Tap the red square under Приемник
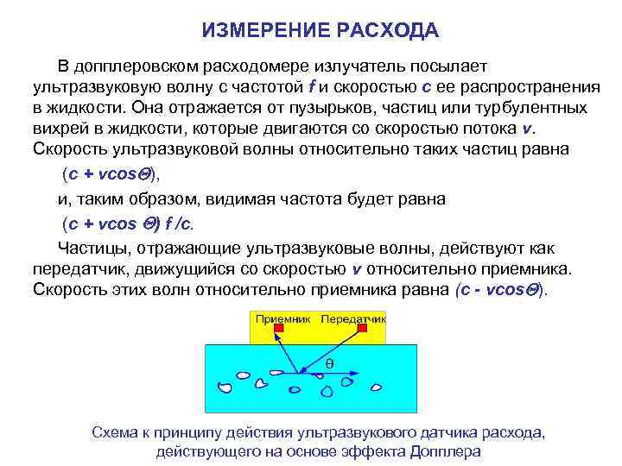tap(278, 329)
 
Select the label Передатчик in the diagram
tap(353, 318)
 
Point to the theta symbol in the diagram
tap(330, 364)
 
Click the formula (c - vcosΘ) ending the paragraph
tap(501, 289)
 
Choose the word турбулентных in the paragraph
tap(536, 108)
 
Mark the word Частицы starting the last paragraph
tap(77, 248)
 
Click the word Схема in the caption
tap(111, 432)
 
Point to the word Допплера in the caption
tap(447, 451)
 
